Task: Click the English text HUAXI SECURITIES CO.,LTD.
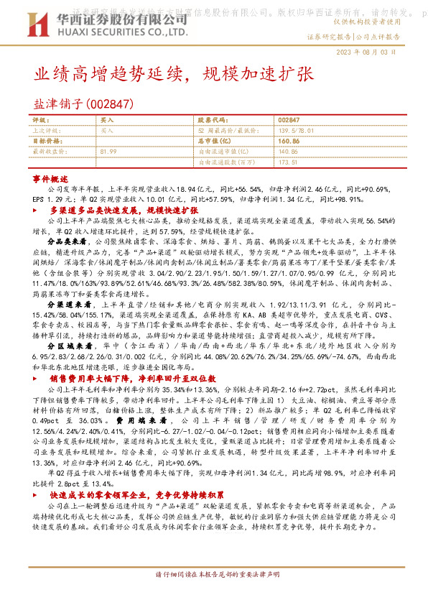[118, 33]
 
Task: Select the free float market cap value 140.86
[287, 152]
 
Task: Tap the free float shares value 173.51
[287, 163]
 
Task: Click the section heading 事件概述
[50, 177]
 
